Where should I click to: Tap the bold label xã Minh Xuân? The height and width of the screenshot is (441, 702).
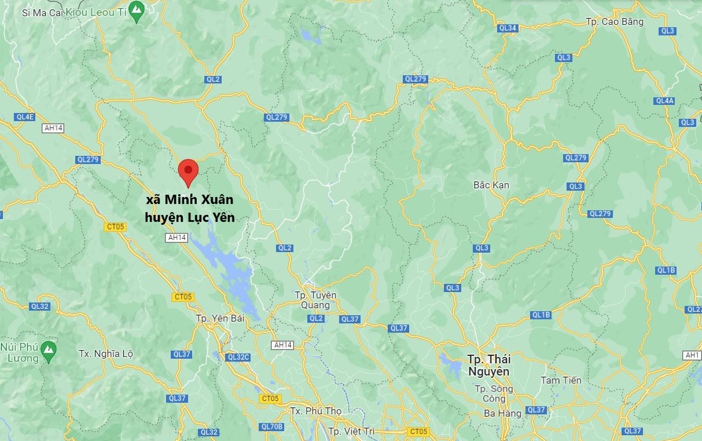190,200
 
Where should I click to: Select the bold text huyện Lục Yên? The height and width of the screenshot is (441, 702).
190,218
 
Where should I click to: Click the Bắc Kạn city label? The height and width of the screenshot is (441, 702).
491,185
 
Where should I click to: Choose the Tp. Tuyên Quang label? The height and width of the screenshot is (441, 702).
315,300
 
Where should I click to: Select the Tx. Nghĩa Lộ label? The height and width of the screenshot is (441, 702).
106,353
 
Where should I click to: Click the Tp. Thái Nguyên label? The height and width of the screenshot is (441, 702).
490,365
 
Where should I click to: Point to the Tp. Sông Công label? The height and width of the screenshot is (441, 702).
490,393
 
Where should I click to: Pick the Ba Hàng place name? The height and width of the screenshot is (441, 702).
503,413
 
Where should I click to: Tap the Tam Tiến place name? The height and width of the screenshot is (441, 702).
561,380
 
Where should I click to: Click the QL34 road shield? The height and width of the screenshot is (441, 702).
507,28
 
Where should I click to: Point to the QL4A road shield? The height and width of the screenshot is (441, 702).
664,101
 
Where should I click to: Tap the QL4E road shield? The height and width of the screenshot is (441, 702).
25,117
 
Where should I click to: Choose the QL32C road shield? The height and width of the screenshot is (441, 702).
239,358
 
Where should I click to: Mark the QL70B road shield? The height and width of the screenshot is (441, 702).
272,427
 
